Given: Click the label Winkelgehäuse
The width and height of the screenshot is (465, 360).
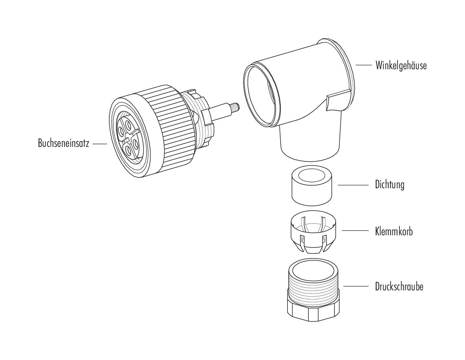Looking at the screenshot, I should pos(401,65).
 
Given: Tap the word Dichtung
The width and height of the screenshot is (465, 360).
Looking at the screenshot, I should pos(389,185).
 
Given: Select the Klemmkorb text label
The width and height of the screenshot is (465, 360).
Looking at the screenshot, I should pos(394,231).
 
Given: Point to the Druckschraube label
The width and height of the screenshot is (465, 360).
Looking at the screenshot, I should pos(399,287).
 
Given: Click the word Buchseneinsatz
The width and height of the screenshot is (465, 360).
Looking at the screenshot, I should pos(64,144).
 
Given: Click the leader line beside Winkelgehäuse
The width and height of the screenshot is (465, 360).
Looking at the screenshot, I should pos(363,65).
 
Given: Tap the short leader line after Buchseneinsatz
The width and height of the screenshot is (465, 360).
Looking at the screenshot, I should pos(100,144).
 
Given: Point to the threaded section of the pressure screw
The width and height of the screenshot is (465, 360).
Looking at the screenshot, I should pos(313,291).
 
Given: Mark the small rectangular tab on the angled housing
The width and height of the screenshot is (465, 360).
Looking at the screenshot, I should pos(339,100).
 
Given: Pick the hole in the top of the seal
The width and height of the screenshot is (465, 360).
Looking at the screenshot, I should pos(311,177).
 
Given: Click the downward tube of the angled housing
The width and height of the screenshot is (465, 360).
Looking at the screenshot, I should pos(311,142).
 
